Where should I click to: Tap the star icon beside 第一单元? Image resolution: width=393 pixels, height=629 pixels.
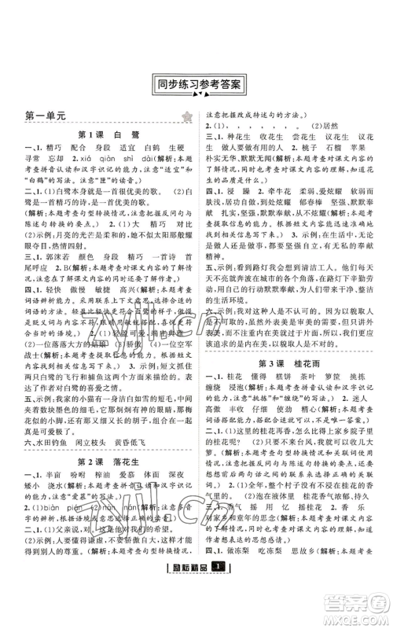click(x=186, y=117)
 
